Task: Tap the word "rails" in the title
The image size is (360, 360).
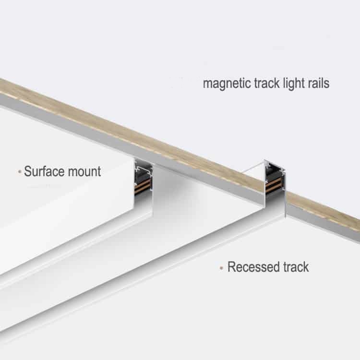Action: pyautogui.click(x=317, y=84)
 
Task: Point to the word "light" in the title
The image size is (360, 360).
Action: pyautogui.click(x=292, y=84)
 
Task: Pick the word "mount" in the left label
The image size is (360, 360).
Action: pyautogui.click(x=86, y=171)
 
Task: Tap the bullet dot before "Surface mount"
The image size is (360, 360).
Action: pyautogui.click(x=19, y=171)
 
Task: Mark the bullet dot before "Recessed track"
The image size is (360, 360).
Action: pyautogui.click(x=221, y=267)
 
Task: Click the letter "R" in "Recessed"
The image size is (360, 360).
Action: pyautogui.click(x=231, y=267)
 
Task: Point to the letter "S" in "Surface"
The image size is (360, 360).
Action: pyautogui.click(x=27, y=171)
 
